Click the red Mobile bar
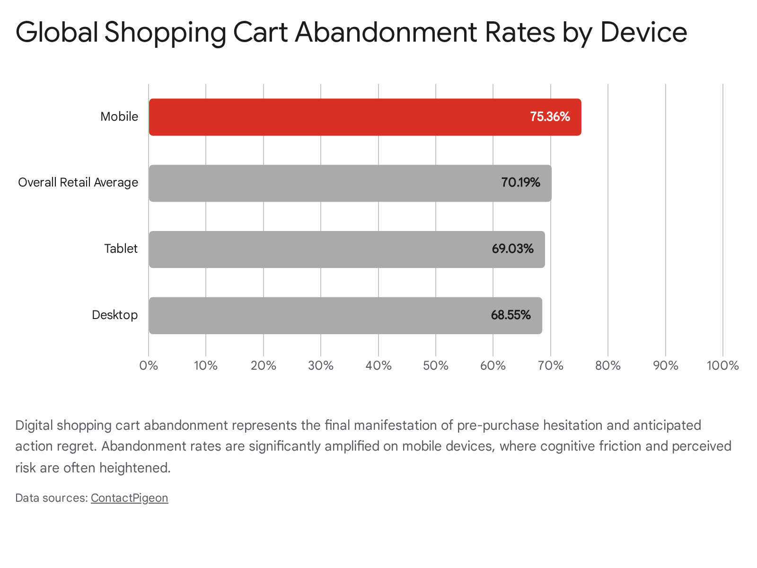click(x=365, y=117)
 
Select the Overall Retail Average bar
click(x=350, y=183)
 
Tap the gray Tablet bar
click(x=347, y=249)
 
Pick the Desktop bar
click(x=345, y=316)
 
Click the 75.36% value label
click(x=550, y=116)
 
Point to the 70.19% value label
click(x=521, y=182)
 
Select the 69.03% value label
click(x=513, y=248)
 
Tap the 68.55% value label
click(x=511, y=315)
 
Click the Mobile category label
click(x=119, y=116)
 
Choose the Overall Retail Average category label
click(x=78, y=182)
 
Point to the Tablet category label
click(x=121, y=248)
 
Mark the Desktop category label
click(x=115, y=315)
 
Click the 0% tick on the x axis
click(x=149, y=365)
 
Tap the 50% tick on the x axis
click(x=436, y=365)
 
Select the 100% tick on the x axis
click(x=723, y=365)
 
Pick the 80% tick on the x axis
click(x=608, y=365)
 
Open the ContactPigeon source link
click(x=130, y=498)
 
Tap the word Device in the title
click(x=644, y=32)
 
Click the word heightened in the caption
click(x=135, y=468)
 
